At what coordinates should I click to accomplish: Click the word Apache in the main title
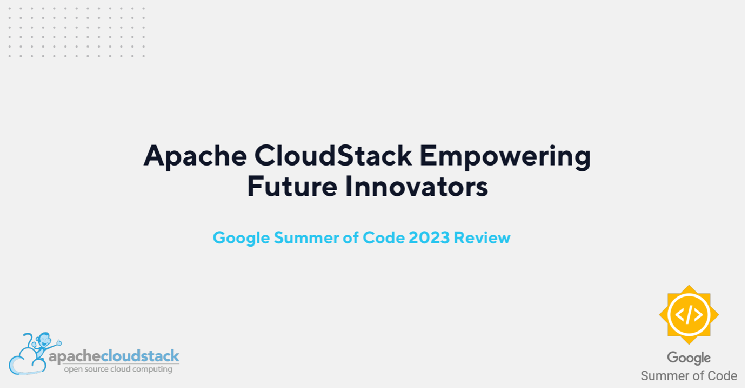tap(195, 156)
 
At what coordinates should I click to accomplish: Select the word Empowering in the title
tap(505, 157)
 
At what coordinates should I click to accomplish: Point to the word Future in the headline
tap(292, 186)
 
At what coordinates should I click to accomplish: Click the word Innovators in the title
tap(417, 186)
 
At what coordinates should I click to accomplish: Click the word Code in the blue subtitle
tap(383, 237)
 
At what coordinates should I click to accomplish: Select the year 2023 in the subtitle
tap(429, 237)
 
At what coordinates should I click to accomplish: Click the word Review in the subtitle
tap(482, 237)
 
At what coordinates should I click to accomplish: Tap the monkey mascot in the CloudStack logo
tap(43, 344)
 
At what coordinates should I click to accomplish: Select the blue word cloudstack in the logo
tap(141, 355)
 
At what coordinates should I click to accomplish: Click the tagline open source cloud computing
tap(118, 369)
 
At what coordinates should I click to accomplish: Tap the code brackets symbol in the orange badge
tap(689, 315)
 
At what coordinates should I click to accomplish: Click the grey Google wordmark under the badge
tap(689, 358)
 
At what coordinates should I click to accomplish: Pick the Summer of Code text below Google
tap(689, 376)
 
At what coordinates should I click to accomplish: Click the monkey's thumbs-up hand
tap(59, 342)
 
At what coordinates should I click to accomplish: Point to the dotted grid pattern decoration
tap(76, 32)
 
